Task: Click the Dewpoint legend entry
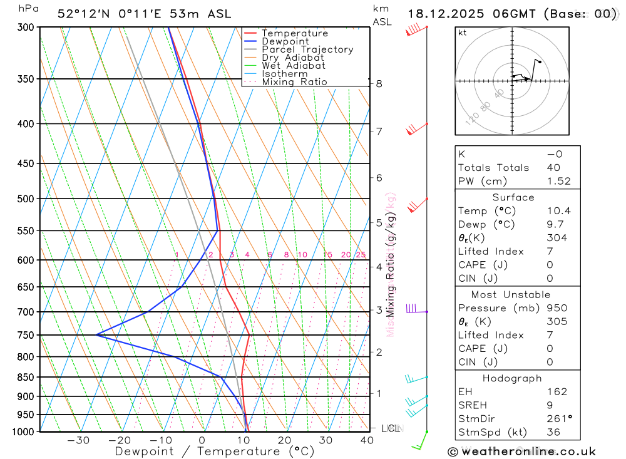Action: click(285, 41)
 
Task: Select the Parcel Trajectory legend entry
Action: click(307, 49)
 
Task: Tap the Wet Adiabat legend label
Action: click(294, 66)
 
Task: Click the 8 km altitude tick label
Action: click(379, 83)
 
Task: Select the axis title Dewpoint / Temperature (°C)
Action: click(214, 451)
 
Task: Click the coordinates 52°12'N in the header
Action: click(84, 14)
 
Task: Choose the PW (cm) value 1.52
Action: click(558, 181)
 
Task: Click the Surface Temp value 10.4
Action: click(558, 211)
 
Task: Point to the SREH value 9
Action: click(549, 405)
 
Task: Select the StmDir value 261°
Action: click(558, 419)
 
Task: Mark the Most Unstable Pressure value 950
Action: click(556, 308)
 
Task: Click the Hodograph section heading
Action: click(517, 378)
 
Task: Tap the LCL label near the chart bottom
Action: click(391, 428)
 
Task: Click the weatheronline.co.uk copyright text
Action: click(521, 451)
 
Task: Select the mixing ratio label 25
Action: click(361, 255)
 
